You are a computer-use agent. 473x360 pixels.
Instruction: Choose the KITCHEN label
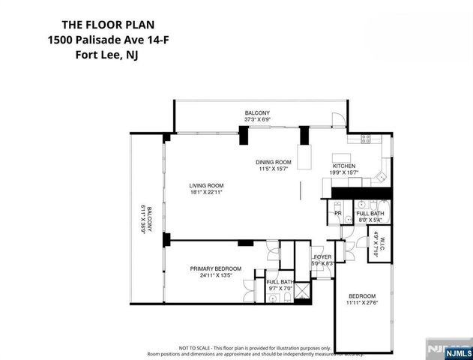344,166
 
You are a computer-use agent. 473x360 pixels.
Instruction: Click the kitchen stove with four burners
367,138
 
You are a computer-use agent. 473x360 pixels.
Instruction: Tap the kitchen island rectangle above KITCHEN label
304,157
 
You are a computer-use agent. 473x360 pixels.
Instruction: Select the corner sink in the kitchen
380,178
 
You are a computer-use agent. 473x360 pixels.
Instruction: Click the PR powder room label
338,213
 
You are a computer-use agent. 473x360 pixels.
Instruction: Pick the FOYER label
322,256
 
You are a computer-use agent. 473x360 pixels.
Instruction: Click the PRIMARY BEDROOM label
215,268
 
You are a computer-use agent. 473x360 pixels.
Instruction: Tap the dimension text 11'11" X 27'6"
361,302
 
